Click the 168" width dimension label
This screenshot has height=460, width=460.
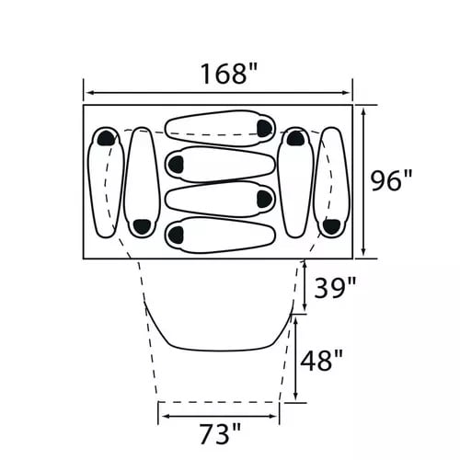pos(228,74)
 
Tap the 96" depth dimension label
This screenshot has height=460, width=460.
pos(391,180)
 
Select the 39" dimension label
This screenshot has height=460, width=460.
pos(335,288)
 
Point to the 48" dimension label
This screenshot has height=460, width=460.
pos(321,361)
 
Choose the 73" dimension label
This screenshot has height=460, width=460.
pos(220,433)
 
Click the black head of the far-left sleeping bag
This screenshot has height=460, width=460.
pos(106,138)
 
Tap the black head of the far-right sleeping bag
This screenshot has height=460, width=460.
pos(332,226)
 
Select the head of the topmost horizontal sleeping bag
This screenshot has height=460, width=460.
pos(264,129)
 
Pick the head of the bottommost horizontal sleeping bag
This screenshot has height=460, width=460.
pos(176,235)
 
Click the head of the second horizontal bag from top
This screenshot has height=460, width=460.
pos(176,164)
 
